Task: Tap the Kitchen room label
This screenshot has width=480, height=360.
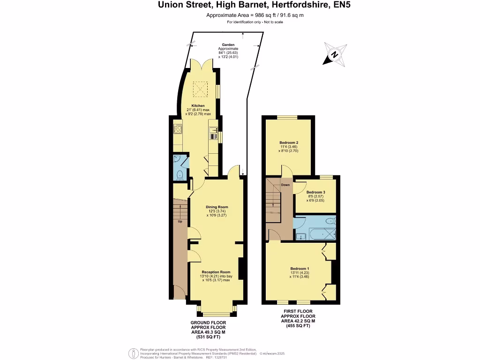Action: click(x=197, y=106)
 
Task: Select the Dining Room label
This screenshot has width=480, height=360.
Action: click(x=217, y=207)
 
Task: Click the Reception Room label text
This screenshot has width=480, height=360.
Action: click(x=216, y=272)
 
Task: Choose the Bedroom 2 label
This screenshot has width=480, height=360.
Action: click(x=289, y=142)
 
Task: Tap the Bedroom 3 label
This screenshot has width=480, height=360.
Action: click(x=315, y=192)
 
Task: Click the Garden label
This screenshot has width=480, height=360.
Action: click(x=228, y=45)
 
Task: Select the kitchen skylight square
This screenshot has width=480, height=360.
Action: click(x=201, y=87)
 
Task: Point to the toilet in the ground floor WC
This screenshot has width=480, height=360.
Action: click(x=179, y=175)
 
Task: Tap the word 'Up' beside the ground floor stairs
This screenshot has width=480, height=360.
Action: click(x=180, y=221)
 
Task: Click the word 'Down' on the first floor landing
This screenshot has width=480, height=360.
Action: click(x=285, y=185)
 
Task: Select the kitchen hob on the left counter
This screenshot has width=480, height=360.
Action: click(x=178, y=128)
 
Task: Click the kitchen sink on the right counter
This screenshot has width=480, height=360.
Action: click(x=214, y=136)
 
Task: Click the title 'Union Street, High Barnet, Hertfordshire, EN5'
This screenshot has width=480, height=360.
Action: click(x=240, y=6)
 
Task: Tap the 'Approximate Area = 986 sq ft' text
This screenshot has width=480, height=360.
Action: click(x=240, y=15)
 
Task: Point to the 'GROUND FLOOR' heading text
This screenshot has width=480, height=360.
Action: click(x=208, y=323)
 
